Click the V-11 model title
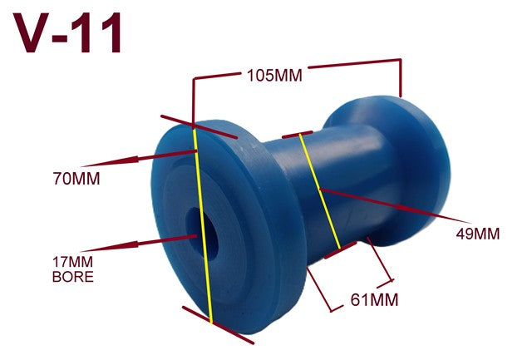coord(67,33)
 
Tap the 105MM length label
coord(274,76)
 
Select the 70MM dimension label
coord(76,179)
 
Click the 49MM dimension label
coord(478,234)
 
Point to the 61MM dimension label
coord(374,300)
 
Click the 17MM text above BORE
coord(72,262)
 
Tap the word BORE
coord(73,277)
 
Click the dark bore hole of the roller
coord(202,234)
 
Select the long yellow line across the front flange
coord(203,225)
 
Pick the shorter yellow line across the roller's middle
coord(319,191)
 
